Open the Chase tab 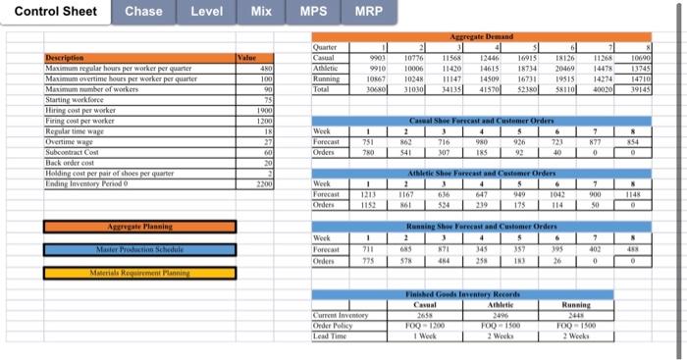(144, 12)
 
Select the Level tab (206, 12)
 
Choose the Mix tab (261, 12)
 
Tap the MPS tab (313, 12)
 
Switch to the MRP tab (368, 12)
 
